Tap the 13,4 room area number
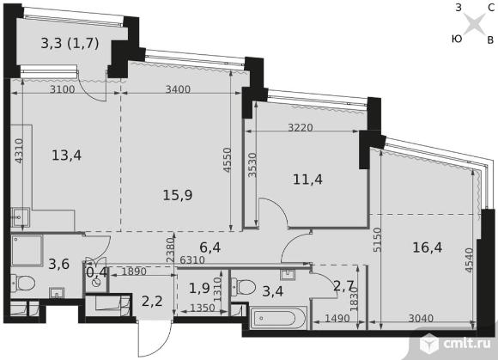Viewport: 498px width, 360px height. (66, 156)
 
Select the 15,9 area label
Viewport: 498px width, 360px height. (178, 195)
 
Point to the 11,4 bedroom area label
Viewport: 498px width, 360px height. (307, 180)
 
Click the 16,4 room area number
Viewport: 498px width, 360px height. (428, 247)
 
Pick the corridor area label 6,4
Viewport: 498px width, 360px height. (210, 247)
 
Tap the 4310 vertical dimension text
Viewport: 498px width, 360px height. (19, 151)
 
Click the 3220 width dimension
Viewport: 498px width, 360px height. (301, 128)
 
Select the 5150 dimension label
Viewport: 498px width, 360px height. (377, 240)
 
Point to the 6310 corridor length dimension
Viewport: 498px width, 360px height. (192, 260)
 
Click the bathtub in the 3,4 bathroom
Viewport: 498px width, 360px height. (278, 318)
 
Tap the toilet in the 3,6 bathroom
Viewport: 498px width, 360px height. (23, 284)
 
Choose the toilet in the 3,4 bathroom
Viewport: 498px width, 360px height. (244, 287)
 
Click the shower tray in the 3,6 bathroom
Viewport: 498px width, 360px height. (27, 250)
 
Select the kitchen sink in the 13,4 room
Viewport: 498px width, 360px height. (20, 217)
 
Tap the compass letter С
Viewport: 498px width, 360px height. (490, 8)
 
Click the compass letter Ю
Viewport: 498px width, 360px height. (457, 39)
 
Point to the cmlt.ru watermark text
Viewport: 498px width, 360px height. (466, 344)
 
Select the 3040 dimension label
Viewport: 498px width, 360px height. (421, 319)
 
